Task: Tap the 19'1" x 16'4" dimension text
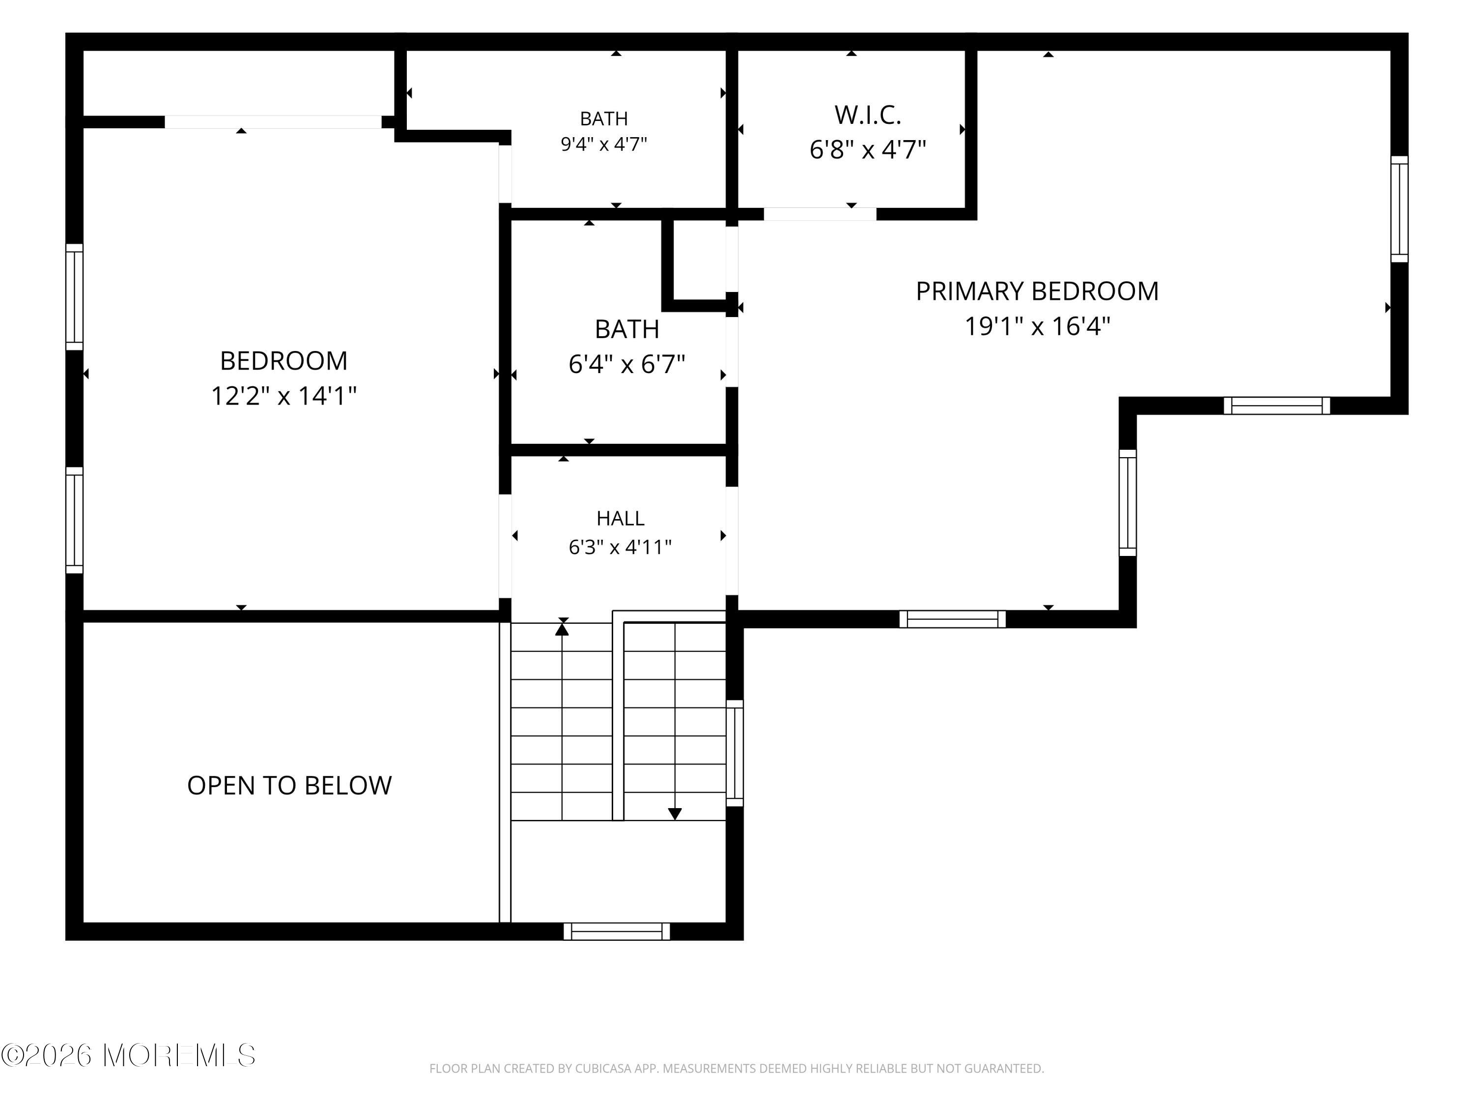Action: pyautogui.click(x=1038, y=327)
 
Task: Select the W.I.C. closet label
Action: pyautogui.click(x=868, y=116)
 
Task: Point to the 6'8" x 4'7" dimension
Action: pyautogui.click(x=868, y=150)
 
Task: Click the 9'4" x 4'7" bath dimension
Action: pyautogui.click(x=604, y=144)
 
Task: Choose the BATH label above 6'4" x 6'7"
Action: pyautogui.click(x=627, y=329)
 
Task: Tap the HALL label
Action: pyautogui.click(x=621, y=518)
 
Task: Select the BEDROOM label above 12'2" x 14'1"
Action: pyautogui.click(x=284, y=361)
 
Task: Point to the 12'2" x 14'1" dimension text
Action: pyautogui.click(x=284, y=396)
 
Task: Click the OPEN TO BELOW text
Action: pyautogui.click(x=289, y=786)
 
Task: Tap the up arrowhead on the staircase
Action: pyautogui.click(x=563, y=628)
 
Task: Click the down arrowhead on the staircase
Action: pyautogui.click(x=675, y=814)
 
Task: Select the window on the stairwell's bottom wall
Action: pyautogui.click(x=617, y=931)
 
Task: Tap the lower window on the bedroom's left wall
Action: pyautogui.click(x=74, y=520)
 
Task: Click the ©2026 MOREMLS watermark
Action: pyautogui.click(x=128, y=1056)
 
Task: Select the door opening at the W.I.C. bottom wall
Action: pyautogui.click(x=820, y=214)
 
